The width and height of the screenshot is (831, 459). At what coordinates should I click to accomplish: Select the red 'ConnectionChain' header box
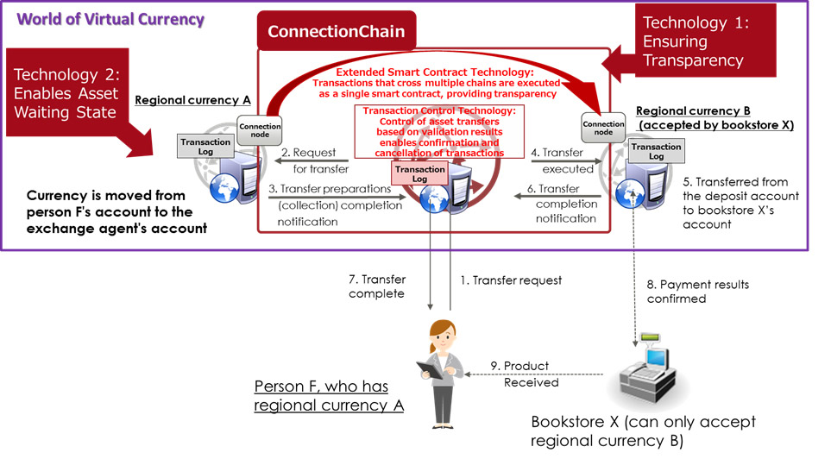pyautogui.click(x=337, y=32)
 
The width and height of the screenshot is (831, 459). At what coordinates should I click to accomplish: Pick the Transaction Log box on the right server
pyautogui.click(x=656, y=153)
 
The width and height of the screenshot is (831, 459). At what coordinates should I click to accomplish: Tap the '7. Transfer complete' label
pyautogui.click(x=377, y=286)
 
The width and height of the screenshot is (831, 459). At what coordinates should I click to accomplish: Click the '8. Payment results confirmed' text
pyautogui.click(x=697, y=292)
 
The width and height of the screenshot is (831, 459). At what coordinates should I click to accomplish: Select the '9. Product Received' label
pyautogui.click(x=531, y=374)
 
